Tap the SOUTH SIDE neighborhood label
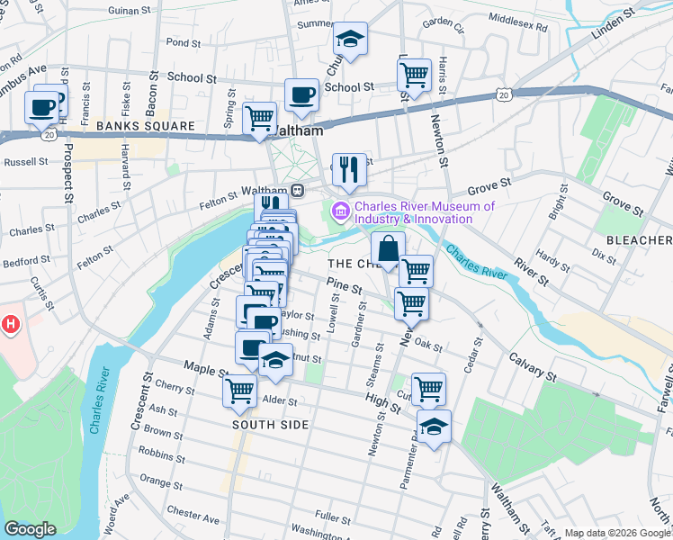click(270, 425)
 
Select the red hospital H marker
click(11, 323)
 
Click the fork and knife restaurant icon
click(350, 168)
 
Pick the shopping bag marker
click(388, 248)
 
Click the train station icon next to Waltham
click(295, 191)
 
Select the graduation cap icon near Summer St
click(350, 39)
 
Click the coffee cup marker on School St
click(301, 94)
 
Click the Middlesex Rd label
click(519, 27)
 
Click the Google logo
click(30, 529)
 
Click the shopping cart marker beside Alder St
click(240, 390)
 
